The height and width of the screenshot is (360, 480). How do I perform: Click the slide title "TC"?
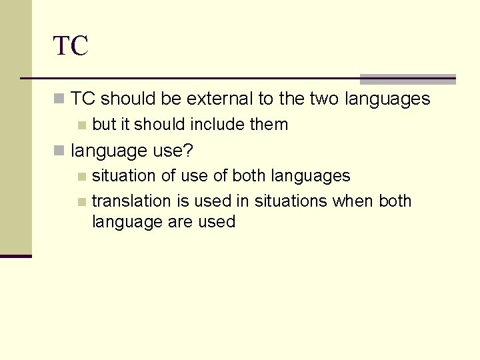pyautogui.click(x=71, y=47)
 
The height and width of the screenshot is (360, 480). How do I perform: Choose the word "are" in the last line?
pyautogui.click(x=177, y=222)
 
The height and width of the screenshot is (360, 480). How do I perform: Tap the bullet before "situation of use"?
pyautogui.click(x=81, y=177)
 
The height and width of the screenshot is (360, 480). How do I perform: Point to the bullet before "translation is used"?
pyautogui.click(x=81, y=201)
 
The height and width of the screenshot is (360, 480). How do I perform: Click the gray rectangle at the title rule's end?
pyautogui.click(x=407, y=79)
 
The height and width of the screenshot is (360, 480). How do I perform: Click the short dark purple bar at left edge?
pyautogui.click(x=15, y=256)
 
